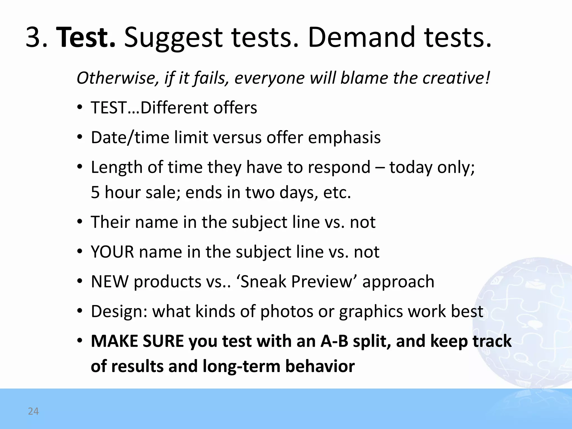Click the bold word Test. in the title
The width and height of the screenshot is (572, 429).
[86, 37]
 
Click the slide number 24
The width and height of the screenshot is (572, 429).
[33, 411]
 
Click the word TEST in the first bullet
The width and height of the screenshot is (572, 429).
[109, 108]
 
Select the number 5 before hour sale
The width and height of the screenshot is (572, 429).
[95, 192]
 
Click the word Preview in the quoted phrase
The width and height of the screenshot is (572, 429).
[323, 282]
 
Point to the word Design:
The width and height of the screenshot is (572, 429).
[119, 311]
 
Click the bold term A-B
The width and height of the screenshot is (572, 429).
[334, 341]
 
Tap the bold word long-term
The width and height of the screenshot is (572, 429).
[241, 366]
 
